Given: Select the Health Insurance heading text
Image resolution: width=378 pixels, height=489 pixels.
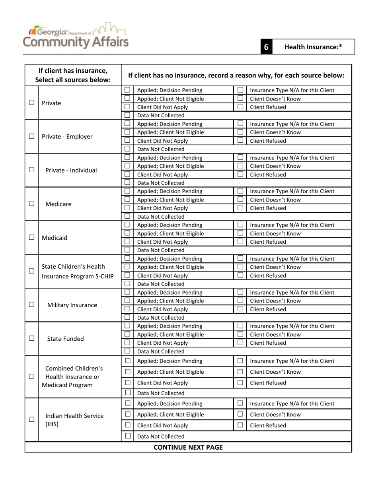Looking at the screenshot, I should coord(313,47).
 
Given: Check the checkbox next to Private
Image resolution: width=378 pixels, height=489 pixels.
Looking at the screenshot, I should coord(31,103).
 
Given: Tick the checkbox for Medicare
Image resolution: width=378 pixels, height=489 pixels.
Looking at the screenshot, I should coord(31,204).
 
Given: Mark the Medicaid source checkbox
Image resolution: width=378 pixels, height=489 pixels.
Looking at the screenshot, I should coord(31,238).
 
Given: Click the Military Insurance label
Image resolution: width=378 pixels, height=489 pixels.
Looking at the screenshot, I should coord(72,305).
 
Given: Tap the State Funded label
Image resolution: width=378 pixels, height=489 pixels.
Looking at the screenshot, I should coord(65,339).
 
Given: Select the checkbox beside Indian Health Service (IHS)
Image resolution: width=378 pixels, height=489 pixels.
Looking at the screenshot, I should coord(31,419).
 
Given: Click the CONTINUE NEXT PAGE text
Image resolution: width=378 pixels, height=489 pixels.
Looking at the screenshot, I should coord(188,447).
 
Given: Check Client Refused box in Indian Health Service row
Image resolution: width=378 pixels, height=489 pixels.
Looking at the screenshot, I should coord(240,425).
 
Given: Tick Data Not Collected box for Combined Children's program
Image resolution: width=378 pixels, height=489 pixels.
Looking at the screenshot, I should coord(128,393).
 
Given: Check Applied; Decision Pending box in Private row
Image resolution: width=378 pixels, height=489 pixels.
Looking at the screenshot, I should coord(127,90).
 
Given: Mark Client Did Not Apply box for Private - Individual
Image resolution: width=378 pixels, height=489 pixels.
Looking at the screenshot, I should coord(127,175).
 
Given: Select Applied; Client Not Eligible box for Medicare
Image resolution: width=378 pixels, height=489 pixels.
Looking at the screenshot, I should coord(127,200).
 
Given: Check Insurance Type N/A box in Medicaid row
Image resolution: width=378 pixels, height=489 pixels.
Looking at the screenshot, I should coord(240,225).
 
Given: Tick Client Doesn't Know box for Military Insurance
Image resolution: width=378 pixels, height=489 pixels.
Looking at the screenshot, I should coord(240,301).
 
